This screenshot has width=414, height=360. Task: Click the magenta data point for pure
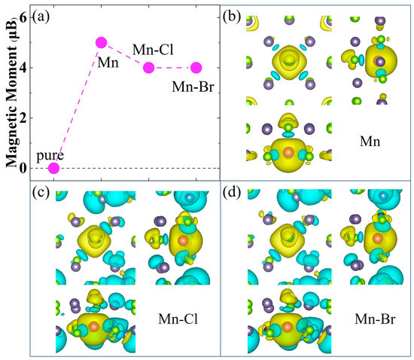point(53,168)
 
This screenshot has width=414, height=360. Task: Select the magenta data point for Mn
point(101,43)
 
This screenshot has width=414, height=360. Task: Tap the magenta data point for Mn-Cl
point(148,68)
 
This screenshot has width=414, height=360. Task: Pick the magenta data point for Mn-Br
point(196,68)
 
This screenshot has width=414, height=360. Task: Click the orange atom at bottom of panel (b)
point(288,153)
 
